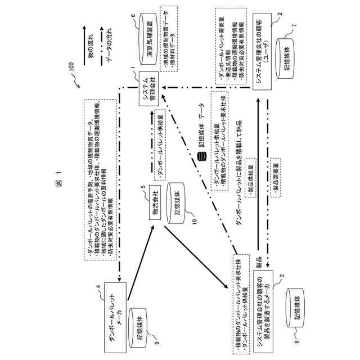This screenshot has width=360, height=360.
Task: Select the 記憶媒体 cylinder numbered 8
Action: pos(296,305)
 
